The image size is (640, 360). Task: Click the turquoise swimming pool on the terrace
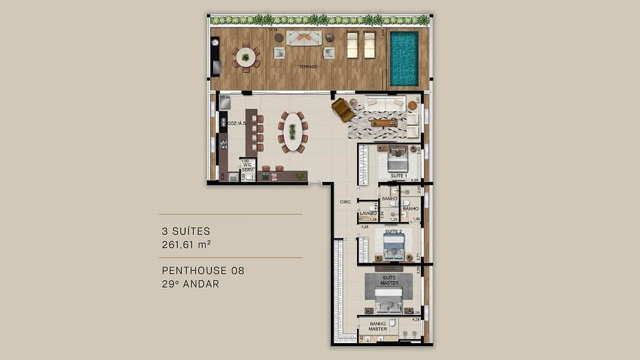coord(404,58)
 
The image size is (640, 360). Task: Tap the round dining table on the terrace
coord(246,57)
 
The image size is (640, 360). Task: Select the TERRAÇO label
coord(307,66)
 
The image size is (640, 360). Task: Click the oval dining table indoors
coord(292,132)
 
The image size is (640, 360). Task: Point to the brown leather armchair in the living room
coord(342,110)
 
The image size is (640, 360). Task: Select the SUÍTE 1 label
coord(398,176)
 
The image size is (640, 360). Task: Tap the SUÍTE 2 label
coord(393,232)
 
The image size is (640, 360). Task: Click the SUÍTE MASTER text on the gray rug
coord(389,281)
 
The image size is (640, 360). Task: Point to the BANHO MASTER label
coord(377,326)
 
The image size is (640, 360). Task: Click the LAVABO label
coord(368,213)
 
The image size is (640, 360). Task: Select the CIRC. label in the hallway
coord(345,202)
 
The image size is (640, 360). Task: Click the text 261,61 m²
coord(186,244)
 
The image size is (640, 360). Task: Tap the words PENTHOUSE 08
coord(202,271)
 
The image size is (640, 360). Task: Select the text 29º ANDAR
coord(190,284)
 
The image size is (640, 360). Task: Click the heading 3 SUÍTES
coord(186,231)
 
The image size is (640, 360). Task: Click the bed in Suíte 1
coord(397,159)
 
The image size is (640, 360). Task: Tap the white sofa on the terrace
coord(304,37)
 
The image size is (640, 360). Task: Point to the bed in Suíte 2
coord(394,247)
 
